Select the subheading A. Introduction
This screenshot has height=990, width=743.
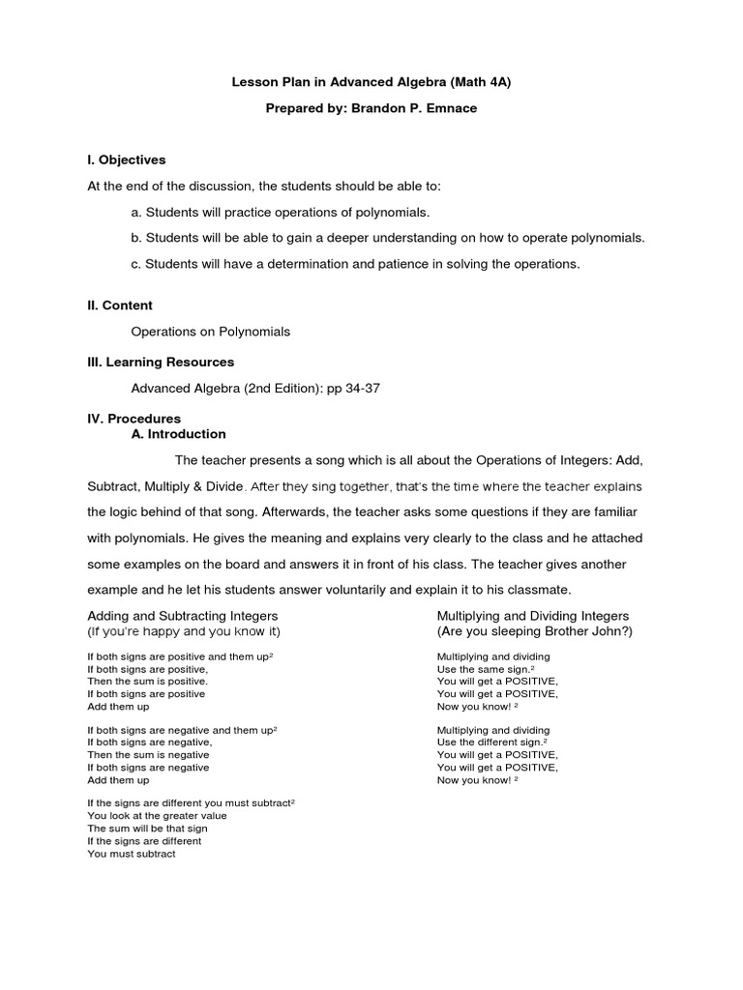pos(178,434)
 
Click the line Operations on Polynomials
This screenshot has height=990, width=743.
pos(210,332)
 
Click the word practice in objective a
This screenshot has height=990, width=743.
pos(255,212)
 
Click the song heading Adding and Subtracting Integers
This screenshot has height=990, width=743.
pos(183,616)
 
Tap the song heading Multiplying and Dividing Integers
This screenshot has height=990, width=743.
pos(533,616)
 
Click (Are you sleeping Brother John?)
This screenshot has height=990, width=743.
pos(534,631)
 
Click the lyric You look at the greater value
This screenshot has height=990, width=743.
pos(158,816)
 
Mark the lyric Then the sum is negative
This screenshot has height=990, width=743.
pos(148,755)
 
